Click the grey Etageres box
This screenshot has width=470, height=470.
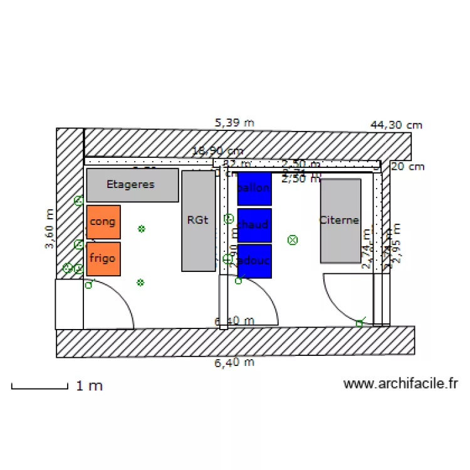point(132,185)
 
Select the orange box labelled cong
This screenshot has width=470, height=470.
point(103,222)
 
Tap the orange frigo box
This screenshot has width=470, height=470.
point(103,258)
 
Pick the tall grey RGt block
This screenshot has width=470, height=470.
point(198,220)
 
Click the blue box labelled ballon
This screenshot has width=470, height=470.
point(254,188)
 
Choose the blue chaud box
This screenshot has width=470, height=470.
point(254,225)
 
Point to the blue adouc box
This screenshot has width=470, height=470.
point(254,261)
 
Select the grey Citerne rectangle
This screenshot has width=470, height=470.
point(340,220)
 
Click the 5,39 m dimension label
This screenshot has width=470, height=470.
point(234,123)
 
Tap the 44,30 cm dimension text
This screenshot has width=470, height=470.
point(396,125)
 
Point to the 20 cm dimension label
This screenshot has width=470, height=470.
point(408,166)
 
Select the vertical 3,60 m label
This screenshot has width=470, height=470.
point(50,229)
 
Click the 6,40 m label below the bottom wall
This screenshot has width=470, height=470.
point(234,362)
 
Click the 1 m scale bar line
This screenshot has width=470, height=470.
point(39,389)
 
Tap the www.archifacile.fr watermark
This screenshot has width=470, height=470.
point(400,384)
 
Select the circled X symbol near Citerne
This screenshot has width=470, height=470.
point(292,239)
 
